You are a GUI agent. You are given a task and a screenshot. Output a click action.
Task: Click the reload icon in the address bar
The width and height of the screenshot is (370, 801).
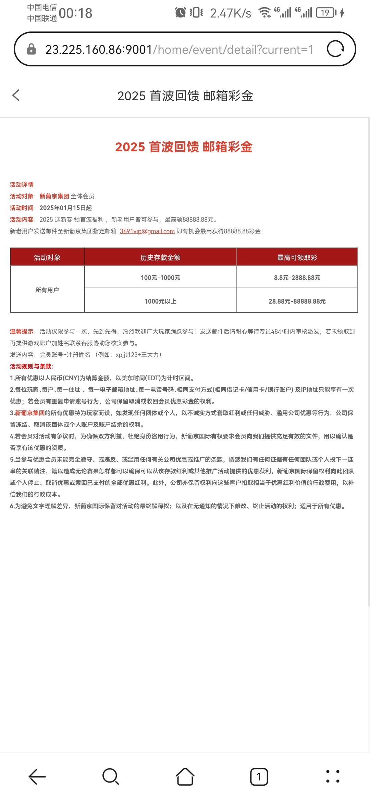[x=335, y=49]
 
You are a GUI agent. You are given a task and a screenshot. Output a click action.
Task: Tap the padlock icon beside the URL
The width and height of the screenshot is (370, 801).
[x=31, y=49]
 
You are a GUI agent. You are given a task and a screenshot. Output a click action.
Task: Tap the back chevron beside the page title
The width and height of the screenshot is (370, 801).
[x=16, y=95]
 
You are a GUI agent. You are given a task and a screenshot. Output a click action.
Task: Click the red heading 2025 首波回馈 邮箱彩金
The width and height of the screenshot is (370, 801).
[x=184, y=147]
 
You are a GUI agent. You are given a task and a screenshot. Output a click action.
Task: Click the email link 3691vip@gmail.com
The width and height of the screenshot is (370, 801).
[x=147, y=231]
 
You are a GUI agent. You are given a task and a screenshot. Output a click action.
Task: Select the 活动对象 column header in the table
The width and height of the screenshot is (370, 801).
[x=47, y=257]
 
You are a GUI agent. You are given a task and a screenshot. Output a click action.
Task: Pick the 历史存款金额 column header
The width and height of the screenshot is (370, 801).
[x=160, y=257]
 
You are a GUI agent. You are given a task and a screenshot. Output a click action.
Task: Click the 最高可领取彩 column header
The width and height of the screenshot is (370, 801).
[x=297, y=257]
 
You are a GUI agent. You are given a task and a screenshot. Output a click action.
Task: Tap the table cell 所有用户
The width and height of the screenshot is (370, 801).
[x=47, y=290]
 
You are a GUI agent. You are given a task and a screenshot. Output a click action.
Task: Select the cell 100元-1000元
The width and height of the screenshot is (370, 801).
[x=160, y=278]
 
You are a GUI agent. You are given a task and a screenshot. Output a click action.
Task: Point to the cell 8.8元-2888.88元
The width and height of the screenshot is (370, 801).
[x=297, y=278]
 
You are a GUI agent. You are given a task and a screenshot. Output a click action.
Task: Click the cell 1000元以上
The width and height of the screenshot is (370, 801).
[x=160, y=301]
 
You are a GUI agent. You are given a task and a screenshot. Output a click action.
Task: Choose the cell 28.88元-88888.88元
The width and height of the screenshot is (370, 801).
[x=297, y=301]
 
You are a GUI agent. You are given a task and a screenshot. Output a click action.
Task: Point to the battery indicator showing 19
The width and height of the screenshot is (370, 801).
[x=326, y=13]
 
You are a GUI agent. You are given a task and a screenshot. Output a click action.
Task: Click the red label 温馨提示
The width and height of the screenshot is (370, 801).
[x=22, y=331]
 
